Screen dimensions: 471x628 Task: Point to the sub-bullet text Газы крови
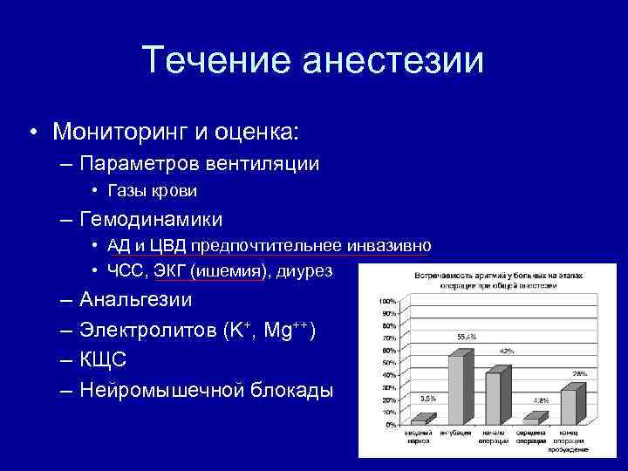coord(154,190)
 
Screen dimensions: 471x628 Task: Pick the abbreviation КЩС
coord(103,359)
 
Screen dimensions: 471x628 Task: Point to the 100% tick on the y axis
coord(386,300)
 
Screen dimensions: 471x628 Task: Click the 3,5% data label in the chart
coord(427,398)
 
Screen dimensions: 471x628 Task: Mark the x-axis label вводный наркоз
coord(420,435)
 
